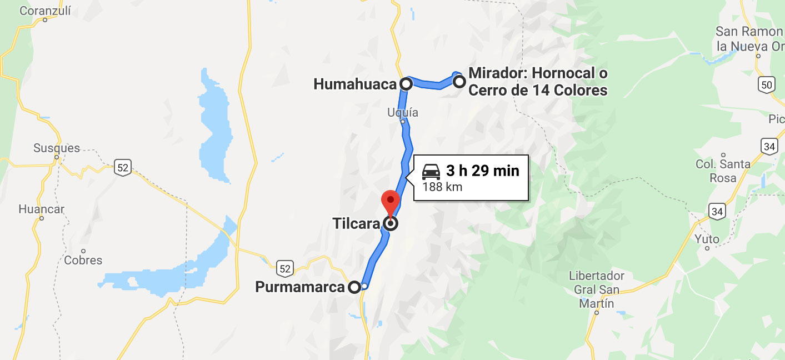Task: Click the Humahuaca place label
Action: (x=355, y=84)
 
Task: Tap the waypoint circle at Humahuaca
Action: (x=406, y=84)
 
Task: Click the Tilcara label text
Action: (x=356, y=224)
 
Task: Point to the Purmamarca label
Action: (x=300, y=287)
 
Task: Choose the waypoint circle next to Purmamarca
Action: (x=354, y=287)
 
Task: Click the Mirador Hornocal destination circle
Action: (x=459, y=82)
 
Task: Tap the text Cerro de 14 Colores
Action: (x=538, y=90)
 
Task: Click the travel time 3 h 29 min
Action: (x=482, y=171)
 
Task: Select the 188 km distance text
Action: (x=442, y=187)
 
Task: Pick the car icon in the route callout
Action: (x=432, y=171)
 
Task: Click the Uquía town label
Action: (x=402, y=113)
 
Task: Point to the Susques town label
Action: (x=57, y=148)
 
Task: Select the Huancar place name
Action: (x=41, y=209)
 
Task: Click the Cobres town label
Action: (x=83, y=260)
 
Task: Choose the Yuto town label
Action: (x=707, y=239)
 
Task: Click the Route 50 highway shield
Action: (x=766, y=84)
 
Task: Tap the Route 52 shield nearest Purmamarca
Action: (x=285, y=268)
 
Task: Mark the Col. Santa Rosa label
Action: (x=723, y=171)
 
